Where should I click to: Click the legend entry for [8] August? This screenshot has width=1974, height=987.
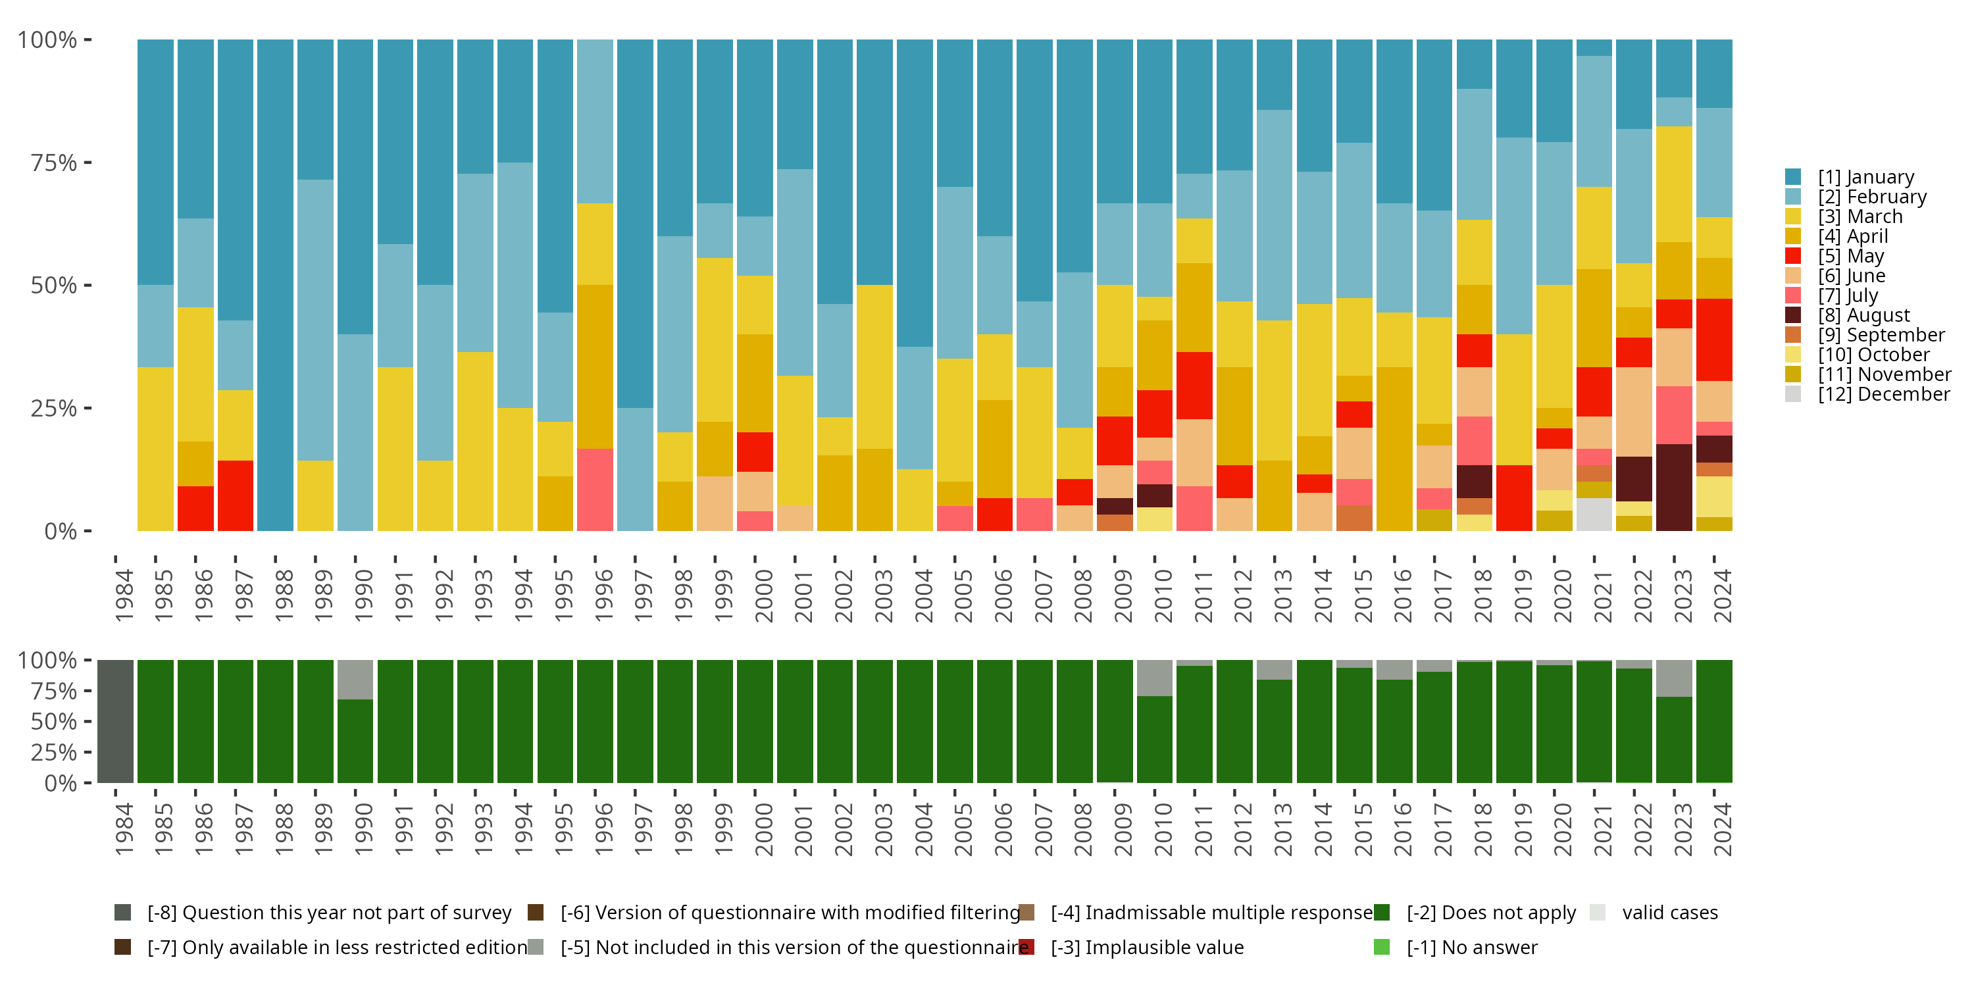click(1863, 315)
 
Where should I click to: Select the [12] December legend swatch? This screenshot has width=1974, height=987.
click(1793, 394)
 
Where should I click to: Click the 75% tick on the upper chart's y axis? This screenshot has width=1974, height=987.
click(54, 163)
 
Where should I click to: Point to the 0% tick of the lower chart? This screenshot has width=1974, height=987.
click(61, 783)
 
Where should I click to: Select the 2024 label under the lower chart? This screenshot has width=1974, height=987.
click(1721, 829)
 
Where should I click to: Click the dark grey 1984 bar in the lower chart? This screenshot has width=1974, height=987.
click(116, 721)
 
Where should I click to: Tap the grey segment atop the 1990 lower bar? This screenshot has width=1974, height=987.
click(355, 679)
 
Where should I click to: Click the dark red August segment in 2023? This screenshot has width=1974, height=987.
click(1673, 488)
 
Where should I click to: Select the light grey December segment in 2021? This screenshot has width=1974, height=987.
click(1594, 514)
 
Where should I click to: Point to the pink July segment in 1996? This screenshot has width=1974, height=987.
click(595, 490)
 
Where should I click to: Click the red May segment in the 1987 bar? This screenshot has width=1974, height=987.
click(236, 495)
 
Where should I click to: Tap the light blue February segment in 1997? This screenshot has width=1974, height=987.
click(634, 469)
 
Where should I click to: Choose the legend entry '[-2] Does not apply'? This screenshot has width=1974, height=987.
click(1490, 913)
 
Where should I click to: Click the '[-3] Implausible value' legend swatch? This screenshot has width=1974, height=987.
click(1027, 947)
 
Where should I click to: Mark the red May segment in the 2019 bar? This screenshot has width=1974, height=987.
click(1514, 498)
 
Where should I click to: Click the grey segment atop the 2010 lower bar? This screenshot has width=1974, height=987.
click(1154, 678)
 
